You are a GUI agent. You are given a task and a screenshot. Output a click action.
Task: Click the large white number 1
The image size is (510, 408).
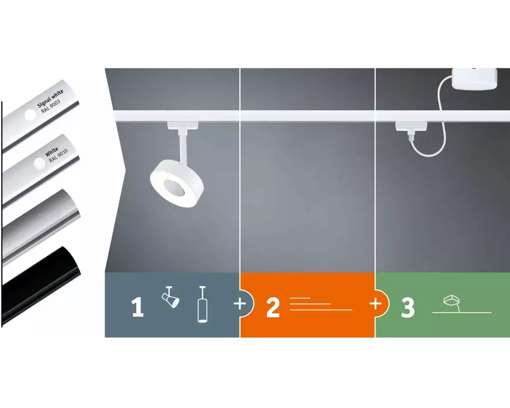click(x=137, y=307)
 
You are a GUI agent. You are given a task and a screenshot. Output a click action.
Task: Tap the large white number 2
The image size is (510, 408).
click(x=273, y=307)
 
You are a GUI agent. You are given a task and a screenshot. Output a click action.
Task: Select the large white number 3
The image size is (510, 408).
click(x=408, y=307)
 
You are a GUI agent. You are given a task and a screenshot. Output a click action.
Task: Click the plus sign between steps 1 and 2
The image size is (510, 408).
click(x=240, y=304)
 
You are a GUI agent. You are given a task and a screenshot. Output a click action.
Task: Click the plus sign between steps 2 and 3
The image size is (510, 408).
click(x=375, y=303)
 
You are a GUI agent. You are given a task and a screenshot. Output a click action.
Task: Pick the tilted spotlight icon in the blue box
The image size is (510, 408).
click(x=170, y=297)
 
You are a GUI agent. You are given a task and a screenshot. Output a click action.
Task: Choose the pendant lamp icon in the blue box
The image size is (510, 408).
click(x=202, y=304)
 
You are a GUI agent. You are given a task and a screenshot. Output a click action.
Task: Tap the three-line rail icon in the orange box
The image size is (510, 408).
click(x=321, y=304)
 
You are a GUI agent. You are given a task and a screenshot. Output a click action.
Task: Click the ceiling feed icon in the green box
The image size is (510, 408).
click(x=462, y=304)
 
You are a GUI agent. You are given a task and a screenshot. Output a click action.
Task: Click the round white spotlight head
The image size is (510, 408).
click(x=177, y=183)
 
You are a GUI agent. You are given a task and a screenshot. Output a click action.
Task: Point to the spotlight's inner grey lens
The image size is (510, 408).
click(x=174, y=187)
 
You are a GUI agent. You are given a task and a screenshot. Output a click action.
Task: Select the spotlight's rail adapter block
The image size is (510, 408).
click(x=183, y=125)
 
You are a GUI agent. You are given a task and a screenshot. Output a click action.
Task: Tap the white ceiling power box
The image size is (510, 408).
click(x=474, y=79)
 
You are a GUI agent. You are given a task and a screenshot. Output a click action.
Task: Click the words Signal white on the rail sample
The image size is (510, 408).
click(x=50, y=98)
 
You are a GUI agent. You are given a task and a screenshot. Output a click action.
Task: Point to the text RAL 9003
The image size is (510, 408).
click(x=51, y=107)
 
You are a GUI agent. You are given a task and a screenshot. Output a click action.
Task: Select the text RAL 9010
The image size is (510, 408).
click(x=59, y=156)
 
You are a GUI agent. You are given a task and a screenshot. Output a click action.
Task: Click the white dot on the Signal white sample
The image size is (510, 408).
click(x=30, y=115)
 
